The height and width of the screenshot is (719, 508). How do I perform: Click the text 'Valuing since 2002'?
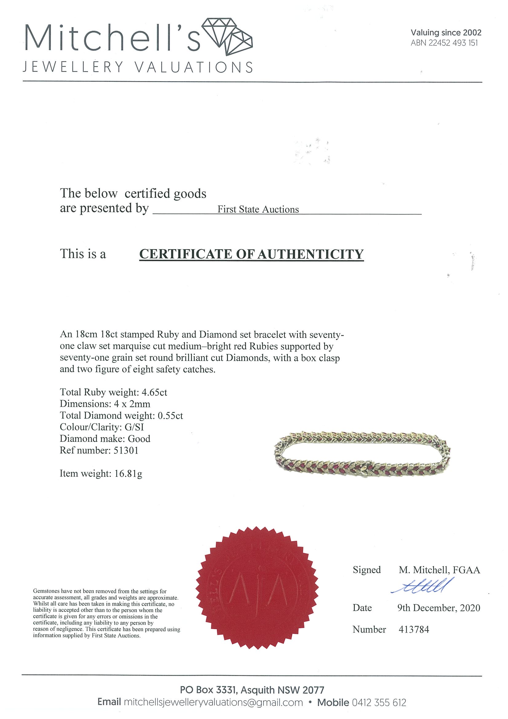tap(446, 33)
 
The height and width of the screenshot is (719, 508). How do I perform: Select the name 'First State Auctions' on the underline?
tap(258, 209)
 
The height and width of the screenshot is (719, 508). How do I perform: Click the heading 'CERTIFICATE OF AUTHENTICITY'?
tap(251, 254)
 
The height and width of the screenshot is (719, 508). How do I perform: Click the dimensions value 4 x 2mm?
tap(132, 404)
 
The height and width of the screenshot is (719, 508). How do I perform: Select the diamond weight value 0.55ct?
tap(170, 415)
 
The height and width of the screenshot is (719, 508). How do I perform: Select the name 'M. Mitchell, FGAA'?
tap(439, 570)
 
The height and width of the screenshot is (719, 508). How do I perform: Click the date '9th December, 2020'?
tap(439, 608)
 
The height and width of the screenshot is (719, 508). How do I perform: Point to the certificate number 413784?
tap(413, 630)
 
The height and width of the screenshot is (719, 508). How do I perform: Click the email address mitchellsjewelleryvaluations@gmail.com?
tap(213, 702)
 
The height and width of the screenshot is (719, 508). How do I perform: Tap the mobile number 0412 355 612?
tap(379, 702)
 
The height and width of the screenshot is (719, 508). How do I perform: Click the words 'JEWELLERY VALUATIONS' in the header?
tap(138, 67)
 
